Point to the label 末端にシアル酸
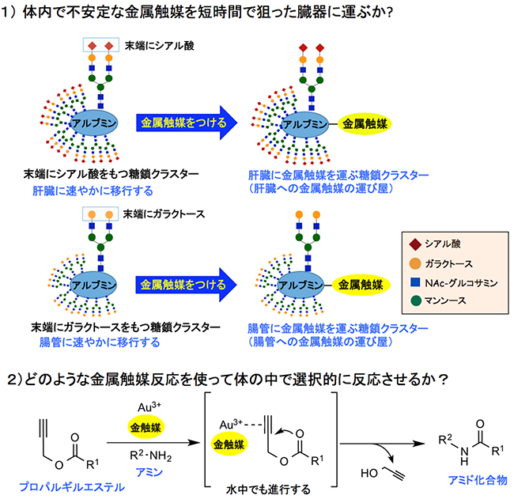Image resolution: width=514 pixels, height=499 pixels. (157, 45)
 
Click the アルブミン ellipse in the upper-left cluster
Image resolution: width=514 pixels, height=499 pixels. (94, 125)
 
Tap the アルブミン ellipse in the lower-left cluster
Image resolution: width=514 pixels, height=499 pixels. (94, 283)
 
